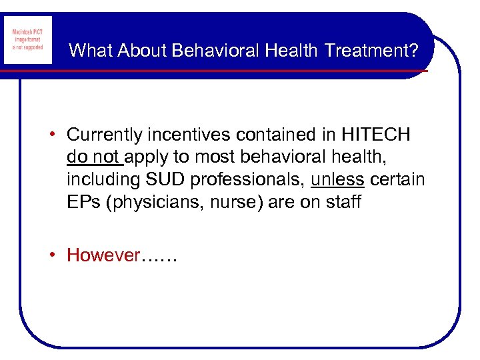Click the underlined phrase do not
(93, 157)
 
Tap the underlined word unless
(337, 180)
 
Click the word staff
(341, 202)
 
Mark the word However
(103, 255)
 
